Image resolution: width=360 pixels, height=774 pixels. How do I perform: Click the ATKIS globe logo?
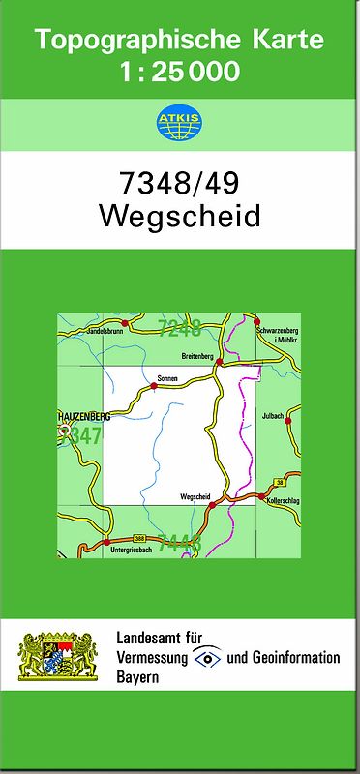[x=179, y=123]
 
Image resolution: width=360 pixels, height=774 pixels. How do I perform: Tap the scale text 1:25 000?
[x=179, y=72]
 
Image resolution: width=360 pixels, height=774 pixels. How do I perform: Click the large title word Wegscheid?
[x=179, y=215]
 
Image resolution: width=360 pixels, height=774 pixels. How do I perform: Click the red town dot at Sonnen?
[x=154, y=386]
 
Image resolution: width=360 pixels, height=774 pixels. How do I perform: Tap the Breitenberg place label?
[x=197, y=355]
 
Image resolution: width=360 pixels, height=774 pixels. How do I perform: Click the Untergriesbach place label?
[x=132, y=550]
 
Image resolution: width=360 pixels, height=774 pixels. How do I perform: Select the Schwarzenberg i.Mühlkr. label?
[x=278, y=335]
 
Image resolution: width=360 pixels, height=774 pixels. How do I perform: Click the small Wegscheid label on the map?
[x=195, y=496]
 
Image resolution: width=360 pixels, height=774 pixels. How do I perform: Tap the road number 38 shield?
[x=279, y=481]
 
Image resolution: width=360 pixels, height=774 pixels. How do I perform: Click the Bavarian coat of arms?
[x=59, y=657]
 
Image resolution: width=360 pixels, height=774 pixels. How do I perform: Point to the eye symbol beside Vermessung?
[x=206, y=657]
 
